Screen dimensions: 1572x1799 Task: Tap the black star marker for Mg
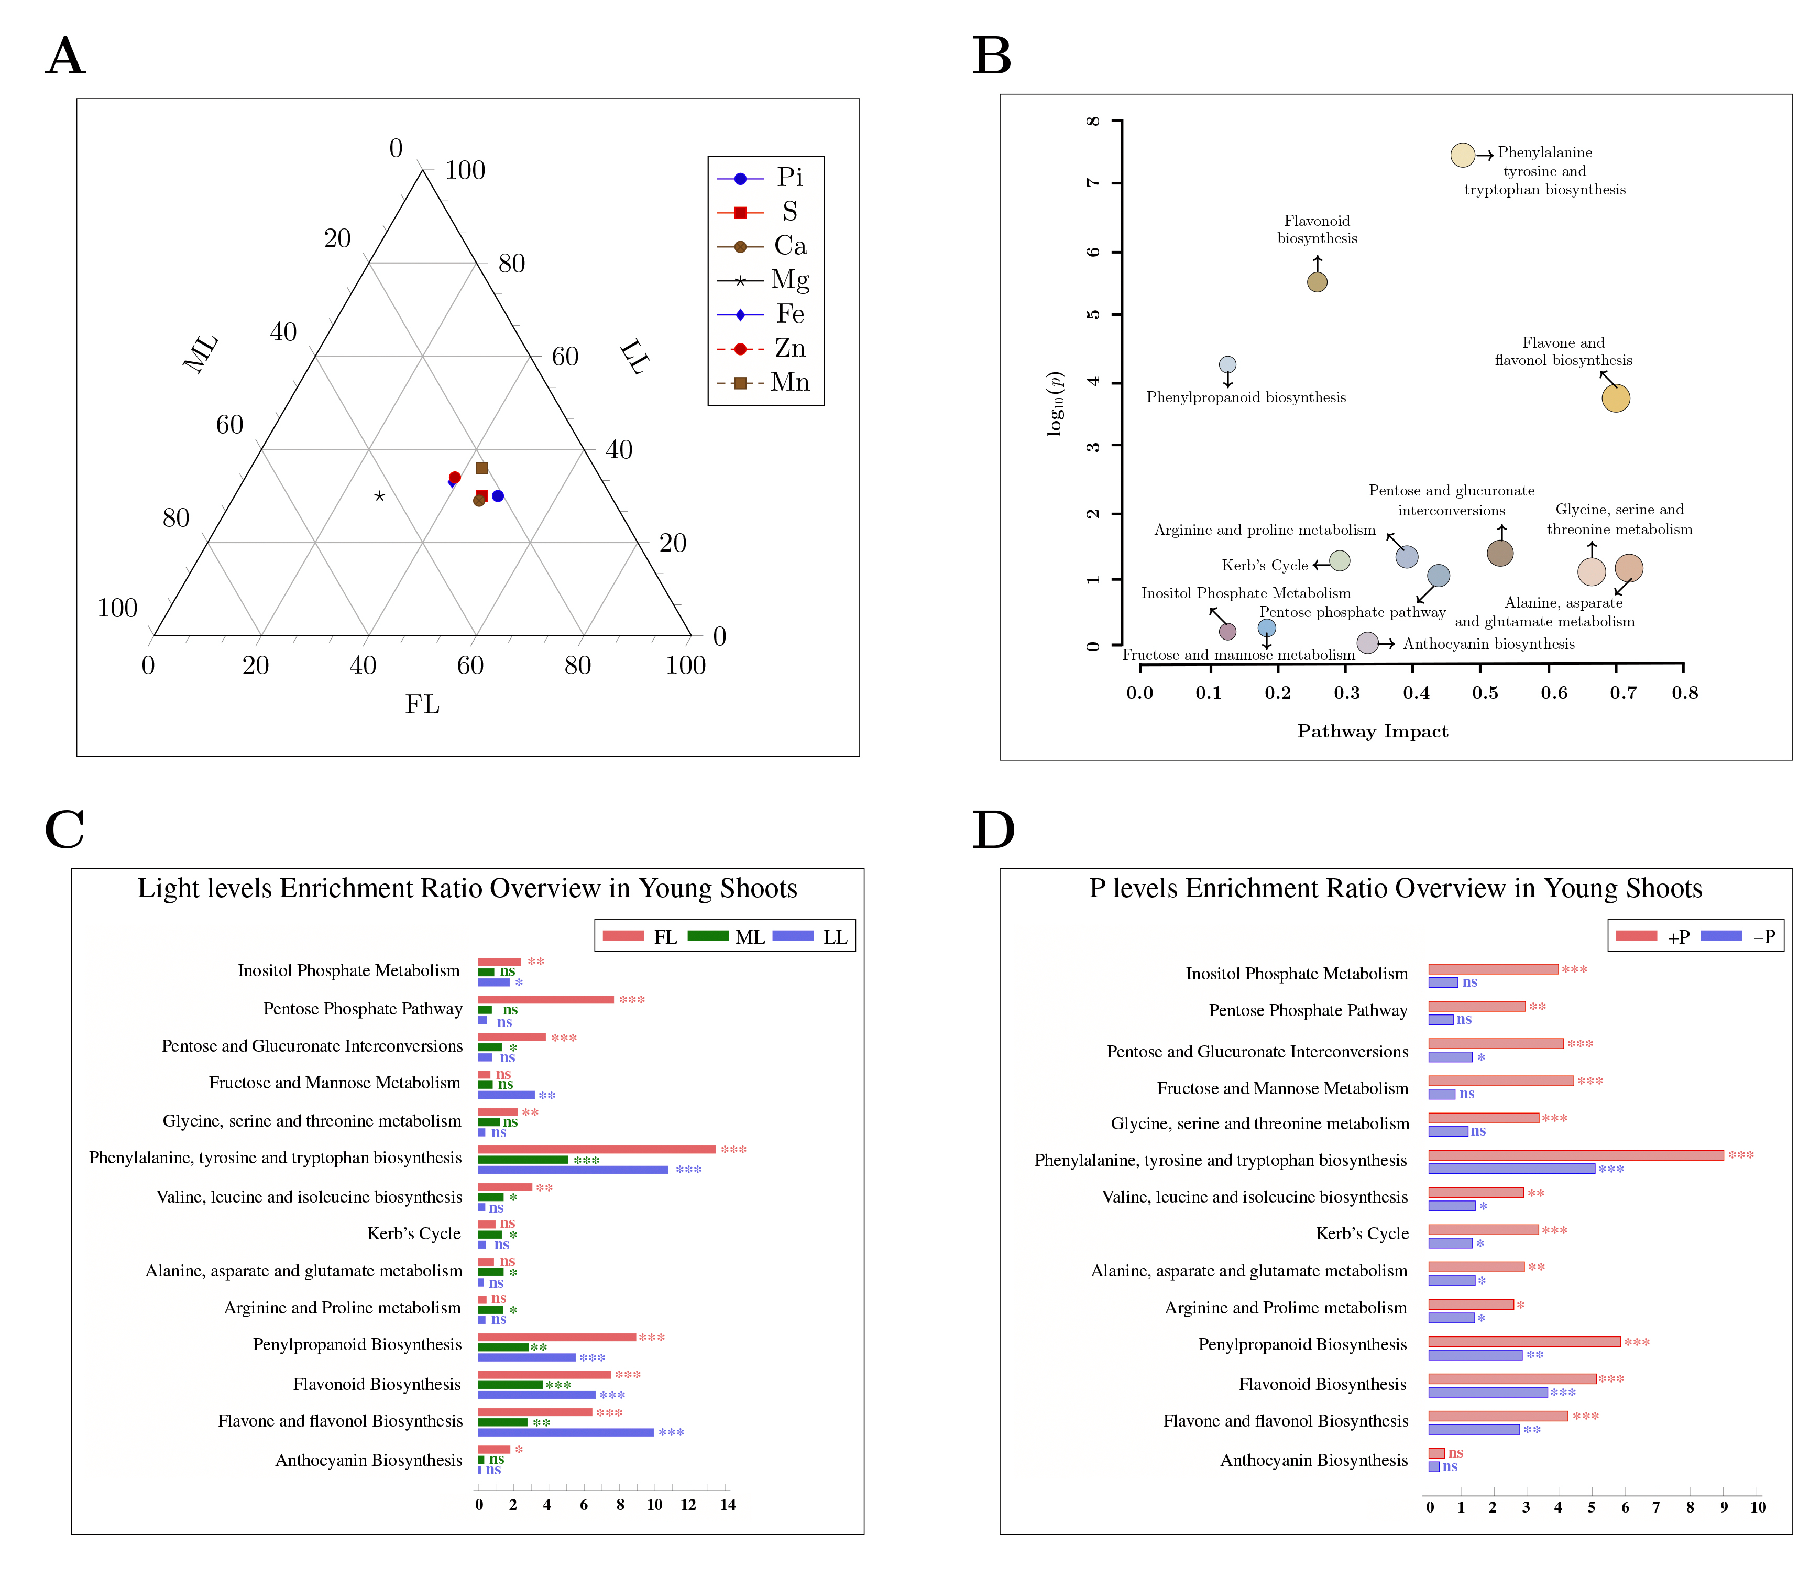click(379, 496)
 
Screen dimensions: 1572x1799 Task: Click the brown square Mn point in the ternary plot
click(481, 468)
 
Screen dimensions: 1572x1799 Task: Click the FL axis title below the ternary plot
click(422, 705)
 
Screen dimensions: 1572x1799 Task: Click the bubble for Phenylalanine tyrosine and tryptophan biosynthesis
click(1462, 155)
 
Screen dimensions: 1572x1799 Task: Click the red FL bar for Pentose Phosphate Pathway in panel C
click(546, 999)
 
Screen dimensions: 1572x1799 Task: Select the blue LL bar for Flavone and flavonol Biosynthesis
click(566, 1433)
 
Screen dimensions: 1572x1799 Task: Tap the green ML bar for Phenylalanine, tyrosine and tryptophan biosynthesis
click(523, 1160)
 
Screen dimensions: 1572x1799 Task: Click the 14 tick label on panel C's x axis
click(727, 1505)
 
